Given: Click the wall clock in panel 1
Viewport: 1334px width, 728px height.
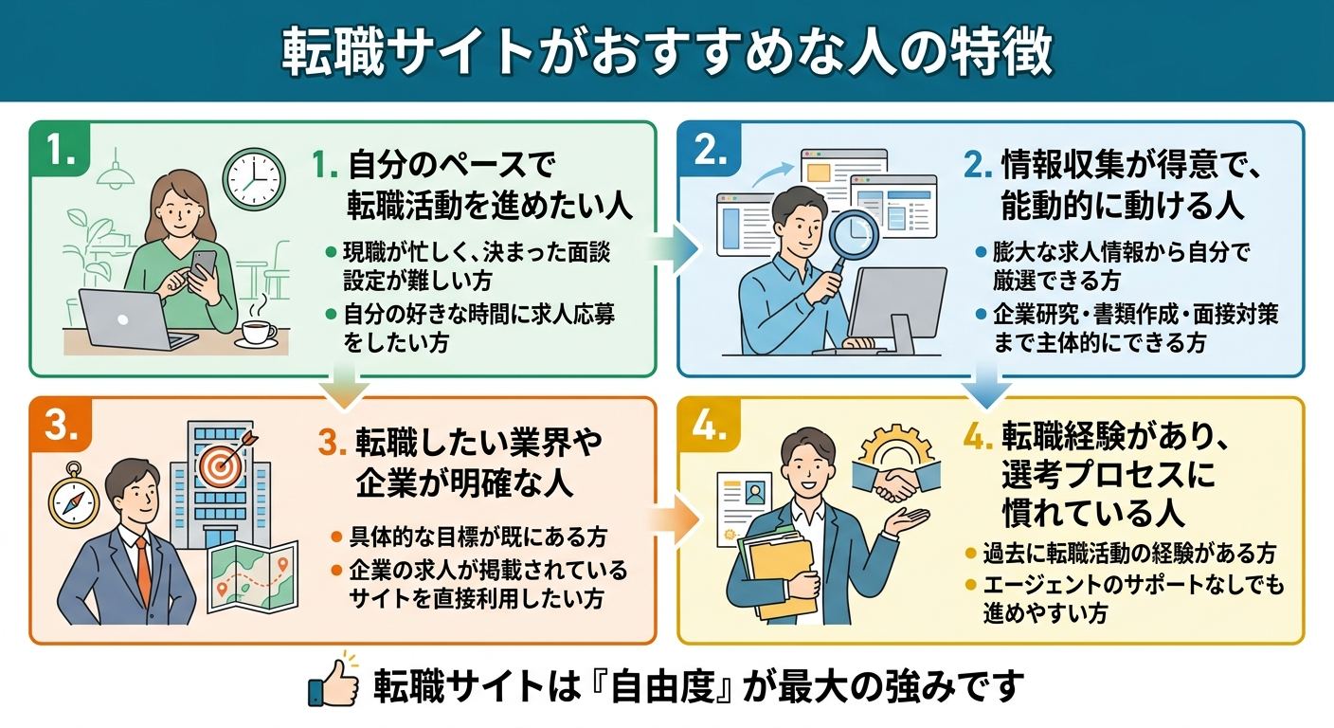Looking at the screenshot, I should (x=254, y=179).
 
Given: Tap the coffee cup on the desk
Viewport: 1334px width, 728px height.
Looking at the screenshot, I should (x=257, y=332).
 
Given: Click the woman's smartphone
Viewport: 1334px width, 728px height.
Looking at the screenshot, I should (x=203, y=266).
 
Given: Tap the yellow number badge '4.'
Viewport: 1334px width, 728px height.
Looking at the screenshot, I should (x=712, y=428).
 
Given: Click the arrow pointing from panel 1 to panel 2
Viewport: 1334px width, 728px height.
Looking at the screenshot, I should (x=676, y=248).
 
